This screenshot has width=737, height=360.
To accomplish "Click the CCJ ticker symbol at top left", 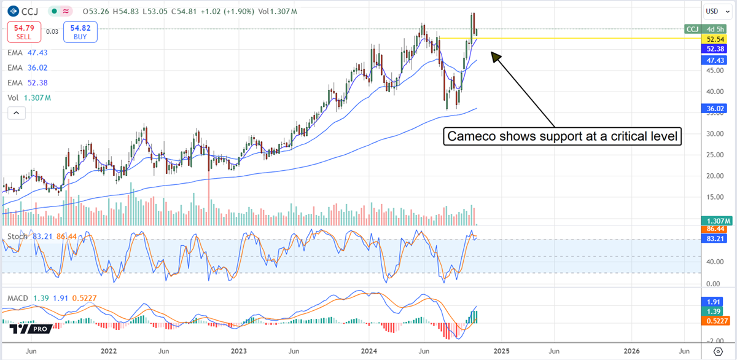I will click(28, 11).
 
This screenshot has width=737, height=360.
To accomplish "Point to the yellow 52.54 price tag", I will click(716, 38).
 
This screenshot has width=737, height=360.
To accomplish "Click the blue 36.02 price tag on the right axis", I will click(716, 108).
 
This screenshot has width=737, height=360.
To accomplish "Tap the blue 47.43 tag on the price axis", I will click(716, 60).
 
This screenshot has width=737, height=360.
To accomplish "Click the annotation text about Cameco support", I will click(563, 136).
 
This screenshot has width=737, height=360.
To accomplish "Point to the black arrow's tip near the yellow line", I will click(491, 53).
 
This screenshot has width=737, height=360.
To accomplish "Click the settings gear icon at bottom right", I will click(717, 351).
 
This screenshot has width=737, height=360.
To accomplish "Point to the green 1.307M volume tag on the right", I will click(716, 221).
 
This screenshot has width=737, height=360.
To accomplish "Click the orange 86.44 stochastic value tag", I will click(716, 229).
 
